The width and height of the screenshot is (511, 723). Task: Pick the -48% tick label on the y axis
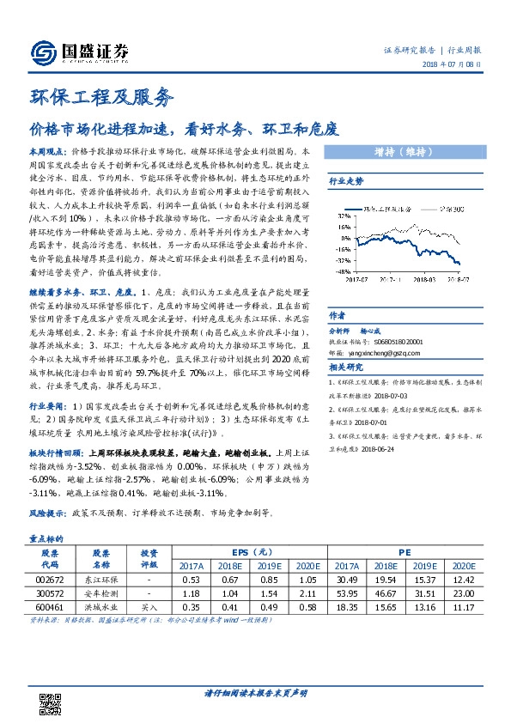click(340, 269)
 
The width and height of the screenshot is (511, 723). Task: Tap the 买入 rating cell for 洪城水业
click(149, 606)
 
